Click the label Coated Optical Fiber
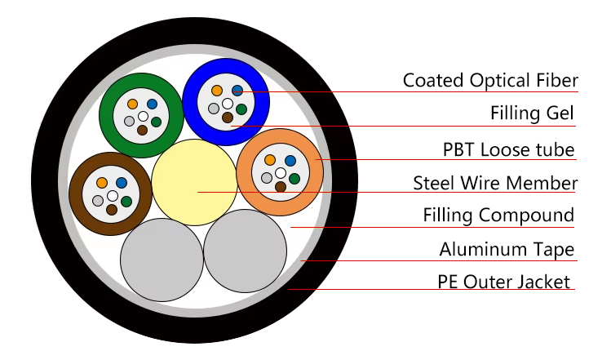click(x=490, y=80)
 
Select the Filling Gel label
click(x=533, y=113)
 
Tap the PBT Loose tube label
click(x=508, y=149)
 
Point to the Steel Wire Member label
click(x=495, y=183)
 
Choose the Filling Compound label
click(x=498, y=216)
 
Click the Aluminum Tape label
click(x=507, y=250)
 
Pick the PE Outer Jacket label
click(x=503, y=282)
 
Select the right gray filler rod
click(x=246, y=251)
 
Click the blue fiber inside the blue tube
click(x=237, y=90)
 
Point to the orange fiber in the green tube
click(x=132, y=104)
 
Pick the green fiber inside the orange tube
click(x=294, y=177)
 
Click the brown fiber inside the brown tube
click(x=112, y=210)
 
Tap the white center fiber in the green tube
click(x=143, y=117)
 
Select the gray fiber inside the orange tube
click(x=266, y=177)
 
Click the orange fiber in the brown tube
click(x=102, y=183)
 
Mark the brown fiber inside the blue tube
click(x=228, y=118)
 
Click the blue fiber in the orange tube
click(x=290, y=160)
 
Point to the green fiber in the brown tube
click(x=127, y=200)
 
